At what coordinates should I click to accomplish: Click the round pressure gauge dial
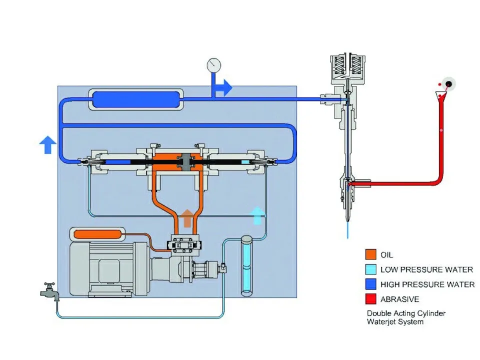coord(213,65)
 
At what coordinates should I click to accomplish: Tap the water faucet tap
coord(49,291)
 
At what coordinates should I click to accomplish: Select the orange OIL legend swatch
coord(370,254)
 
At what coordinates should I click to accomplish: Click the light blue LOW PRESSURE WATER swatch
coord(370,269)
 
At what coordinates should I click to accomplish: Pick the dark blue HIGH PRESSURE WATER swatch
coord(370,284)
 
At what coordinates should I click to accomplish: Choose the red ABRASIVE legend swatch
coord(370,299)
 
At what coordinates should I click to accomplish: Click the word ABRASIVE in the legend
coord(400,299)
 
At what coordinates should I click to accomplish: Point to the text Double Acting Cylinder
coord(406,313)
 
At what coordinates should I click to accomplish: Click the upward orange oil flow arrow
coord(187,218)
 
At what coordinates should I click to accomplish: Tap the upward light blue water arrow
coord(257,216)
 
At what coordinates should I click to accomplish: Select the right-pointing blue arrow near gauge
coord(223,88)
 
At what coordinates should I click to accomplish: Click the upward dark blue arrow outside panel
coord(48,144)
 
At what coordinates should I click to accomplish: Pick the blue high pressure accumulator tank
coord(136,99)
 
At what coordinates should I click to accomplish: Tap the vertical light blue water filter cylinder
coord(246,265)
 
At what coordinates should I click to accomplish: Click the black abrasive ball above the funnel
coord(449,84)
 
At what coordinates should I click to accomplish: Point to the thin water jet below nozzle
coord(347,229)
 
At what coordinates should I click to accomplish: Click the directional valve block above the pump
coord(183,244)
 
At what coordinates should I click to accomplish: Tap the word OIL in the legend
coord(386,254)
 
